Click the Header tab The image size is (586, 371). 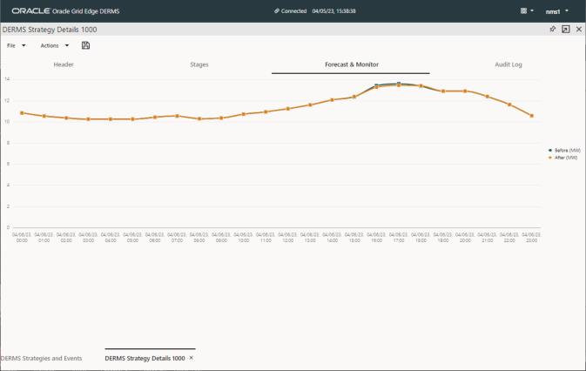tap(64, 64)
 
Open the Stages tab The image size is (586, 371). tap(199, 64)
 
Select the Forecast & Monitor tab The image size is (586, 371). tap(351, 64)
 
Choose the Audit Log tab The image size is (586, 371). tap(509, 64)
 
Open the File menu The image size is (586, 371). tap(16, 45)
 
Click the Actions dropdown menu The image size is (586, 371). tap(54, 45)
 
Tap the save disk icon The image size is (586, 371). tap(85, 45)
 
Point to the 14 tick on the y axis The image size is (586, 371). tap(6, 79)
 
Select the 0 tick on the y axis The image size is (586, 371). tap(6, 227)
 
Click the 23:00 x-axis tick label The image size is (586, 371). tap(531, 237)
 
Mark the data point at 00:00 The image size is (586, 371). tap(22, 112)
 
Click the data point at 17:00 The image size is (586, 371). tap(399, 84)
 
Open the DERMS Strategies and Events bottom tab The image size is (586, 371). tap(42, 358)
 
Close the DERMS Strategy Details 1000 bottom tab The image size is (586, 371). tap(192, 358)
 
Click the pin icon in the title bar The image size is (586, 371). tap(552, 29)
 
